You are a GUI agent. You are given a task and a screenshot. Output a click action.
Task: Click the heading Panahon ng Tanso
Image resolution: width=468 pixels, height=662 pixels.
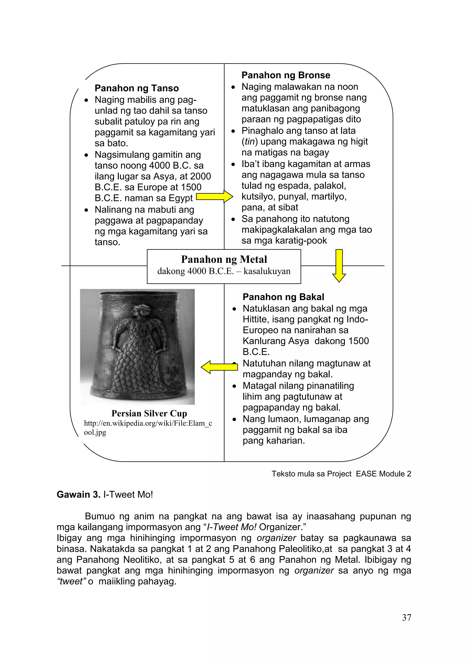(137, 88)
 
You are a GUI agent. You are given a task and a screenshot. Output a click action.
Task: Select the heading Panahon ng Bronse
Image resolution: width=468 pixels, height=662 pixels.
(286, 75)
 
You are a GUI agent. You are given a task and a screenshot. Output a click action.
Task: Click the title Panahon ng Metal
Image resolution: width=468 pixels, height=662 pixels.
(224, 259)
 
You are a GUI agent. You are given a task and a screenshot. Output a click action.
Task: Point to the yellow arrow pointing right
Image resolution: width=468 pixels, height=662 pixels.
(214, 197)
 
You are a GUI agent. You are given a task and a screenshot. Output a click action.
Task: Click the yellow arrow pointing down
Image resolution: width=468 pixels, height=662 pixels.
(339, 265)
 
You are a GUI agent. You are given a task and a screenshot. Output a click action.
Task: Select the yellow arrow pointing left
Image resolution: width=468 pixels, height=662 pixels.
(219, 367)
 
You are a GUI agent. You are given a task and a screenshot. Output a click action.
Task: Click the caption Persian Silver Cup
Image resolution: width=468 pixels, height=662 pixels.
(149, 413)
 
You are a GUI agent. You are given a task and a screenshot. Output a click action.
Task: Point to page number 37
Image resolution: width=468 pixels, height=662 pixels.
(406, 617)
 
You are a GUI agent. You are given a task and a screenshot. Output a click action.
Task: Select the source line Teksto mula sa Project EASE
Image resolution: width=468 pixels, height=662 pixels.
(341, 474)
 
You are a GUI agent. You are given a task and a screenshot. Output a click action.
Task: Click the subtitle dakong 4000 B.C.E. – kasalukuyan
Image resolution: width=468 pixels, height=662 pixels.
(224, 271)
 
